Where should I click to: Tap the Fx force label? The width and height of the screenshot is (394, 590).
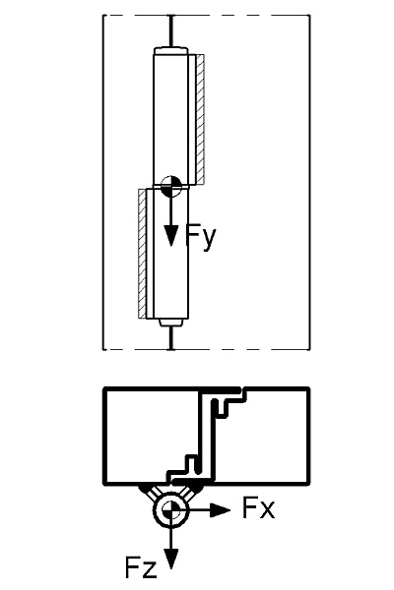(258, 507)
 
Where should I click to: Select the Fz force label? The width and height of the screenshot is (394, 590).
(141, 567)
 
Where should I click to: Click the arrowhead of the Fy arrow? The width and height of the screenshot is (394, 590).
(171, 236)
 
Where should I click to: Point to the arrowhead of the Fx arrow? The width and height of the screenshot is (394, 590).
(220, 509)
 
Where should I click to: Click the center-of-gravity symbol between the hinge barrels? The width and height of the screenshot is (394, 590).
(171, 186)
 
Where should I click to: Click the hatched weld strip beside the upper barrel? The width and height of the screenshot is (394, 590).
(200, 119)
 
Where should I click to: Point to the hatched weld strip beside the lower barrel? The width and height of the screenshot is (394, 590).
(142, 254)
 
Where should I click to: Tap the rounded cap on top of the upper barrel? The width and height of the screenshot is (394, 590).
(170, 51)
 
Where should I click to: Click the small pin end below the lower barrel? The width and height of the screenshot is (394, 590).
(170, 323)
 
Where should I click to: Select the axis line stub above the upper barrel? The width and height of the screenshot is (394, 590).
(171, 31)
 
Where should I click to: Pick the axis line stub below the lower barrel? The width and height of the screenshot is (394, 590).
(171, 338)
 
